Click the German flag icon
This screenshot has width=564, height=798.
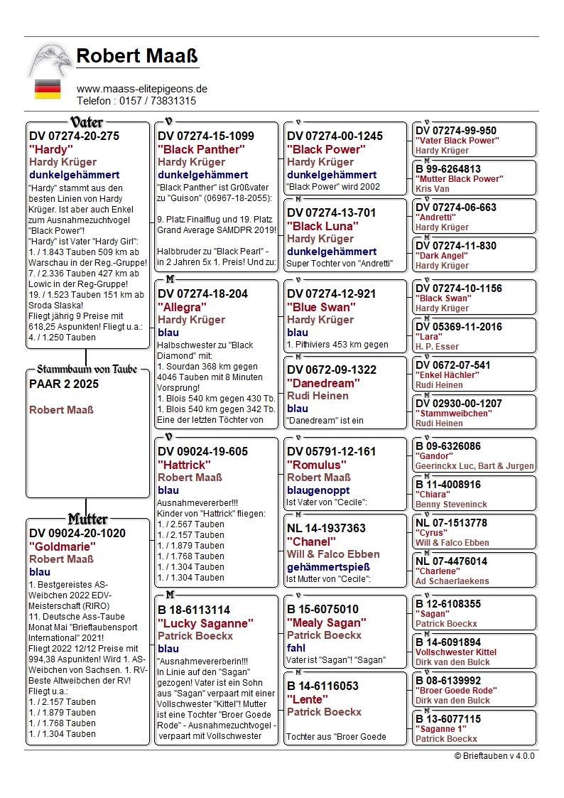coord(48,90)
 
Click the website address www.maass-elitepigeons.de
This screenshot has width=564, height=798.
coord(141,89)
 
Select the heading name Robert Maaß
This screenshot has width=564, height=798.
coord(137,56)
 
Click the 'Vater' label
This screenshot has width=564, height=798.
coord(87,122)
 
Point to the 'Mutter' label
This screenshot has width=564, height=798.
coord(87,519)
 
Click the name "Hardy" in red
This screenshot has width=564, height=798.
coord(51,149)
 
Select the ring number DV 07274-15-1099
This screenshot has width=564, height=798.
coord(206,136)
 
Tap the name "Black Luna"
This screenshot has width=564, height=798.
coord(322,226)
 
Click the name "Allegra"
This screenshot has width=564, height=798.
coord(183,307)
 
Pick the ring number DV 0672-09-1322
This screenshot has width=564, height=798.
coord(332,370)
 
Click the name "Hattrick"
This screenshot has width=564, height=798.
coord(185,464)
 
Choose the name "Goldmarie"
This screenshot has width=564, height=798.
coord(63,546)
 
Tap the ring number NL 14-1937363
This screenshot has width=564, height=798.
coord(326,528)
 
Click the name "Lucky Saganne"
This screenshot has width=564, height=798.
coord(205,623)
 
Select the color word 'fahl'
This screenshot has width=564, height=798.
coord(296,648)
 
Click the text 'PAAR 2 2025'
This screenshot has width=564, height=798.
coord(64,384)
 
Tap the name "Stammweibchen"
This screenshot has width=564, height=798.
coord(453,413)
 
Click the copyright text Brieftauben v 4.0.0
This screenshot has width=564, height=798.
coord(494,755)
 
